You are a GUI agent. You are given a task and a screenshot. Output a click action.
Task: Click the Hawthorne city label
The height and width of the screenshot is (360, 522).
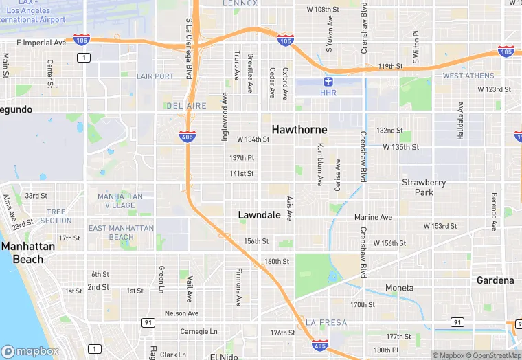299,129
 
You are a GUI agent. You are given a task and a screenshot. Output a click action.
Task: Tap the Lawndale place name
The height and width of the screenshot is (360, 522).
259,215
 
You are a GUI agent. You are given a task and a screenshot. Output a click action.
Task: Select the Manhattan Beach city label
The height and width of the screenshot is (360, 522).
23,253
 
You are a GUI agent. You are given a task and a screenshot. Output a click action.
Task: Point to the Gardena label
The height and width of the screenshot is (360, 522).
496,280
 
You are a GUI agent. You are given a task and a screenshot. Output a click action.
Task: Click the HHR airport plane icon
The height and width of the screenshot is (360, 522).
328,82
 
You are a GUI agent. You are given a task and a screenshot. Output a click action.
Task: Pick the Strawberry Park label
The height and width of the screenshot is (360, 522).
424,188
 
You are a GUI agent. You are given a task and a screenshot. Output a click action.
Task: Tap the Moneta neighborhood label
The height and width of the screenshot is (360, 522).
399,288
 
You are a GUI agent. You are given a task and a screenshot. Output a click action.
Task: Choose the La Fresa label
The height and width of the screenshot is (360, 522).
326,322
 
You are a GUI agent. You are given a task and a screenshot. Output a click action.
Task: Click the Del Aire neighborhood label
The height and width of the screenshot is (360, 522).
186,106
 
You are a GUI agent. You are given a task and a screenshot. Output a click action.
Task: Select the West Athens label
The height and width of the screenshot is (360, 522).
468,76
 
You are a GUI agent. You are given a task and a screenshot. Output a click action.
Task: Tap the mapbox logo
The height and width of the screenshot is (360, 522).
30,351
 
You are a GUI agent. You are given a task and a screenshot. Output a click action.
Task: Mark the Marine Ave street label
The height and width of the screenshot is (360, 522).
373,217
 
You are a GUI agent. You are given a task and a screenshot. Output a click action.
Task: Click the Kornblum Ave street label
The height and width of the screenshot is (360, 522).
320,165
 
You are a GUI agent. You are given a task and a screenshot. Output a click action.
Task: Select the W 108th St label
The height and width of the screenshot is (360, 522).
323,10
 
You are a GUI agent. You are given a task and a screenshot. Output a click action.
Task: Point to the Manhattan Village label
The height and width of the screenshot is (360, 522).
120,201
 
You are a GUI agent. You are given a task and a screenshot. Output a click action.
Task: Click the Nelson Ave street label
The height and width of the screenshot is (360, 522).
182,313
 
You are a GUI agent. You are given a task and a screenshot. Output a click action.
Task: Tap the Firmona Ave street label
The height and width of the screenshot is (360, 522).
239,286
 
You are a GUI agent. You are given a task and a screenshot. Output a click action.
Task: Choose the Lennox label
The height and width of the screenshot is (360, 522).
240,3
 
